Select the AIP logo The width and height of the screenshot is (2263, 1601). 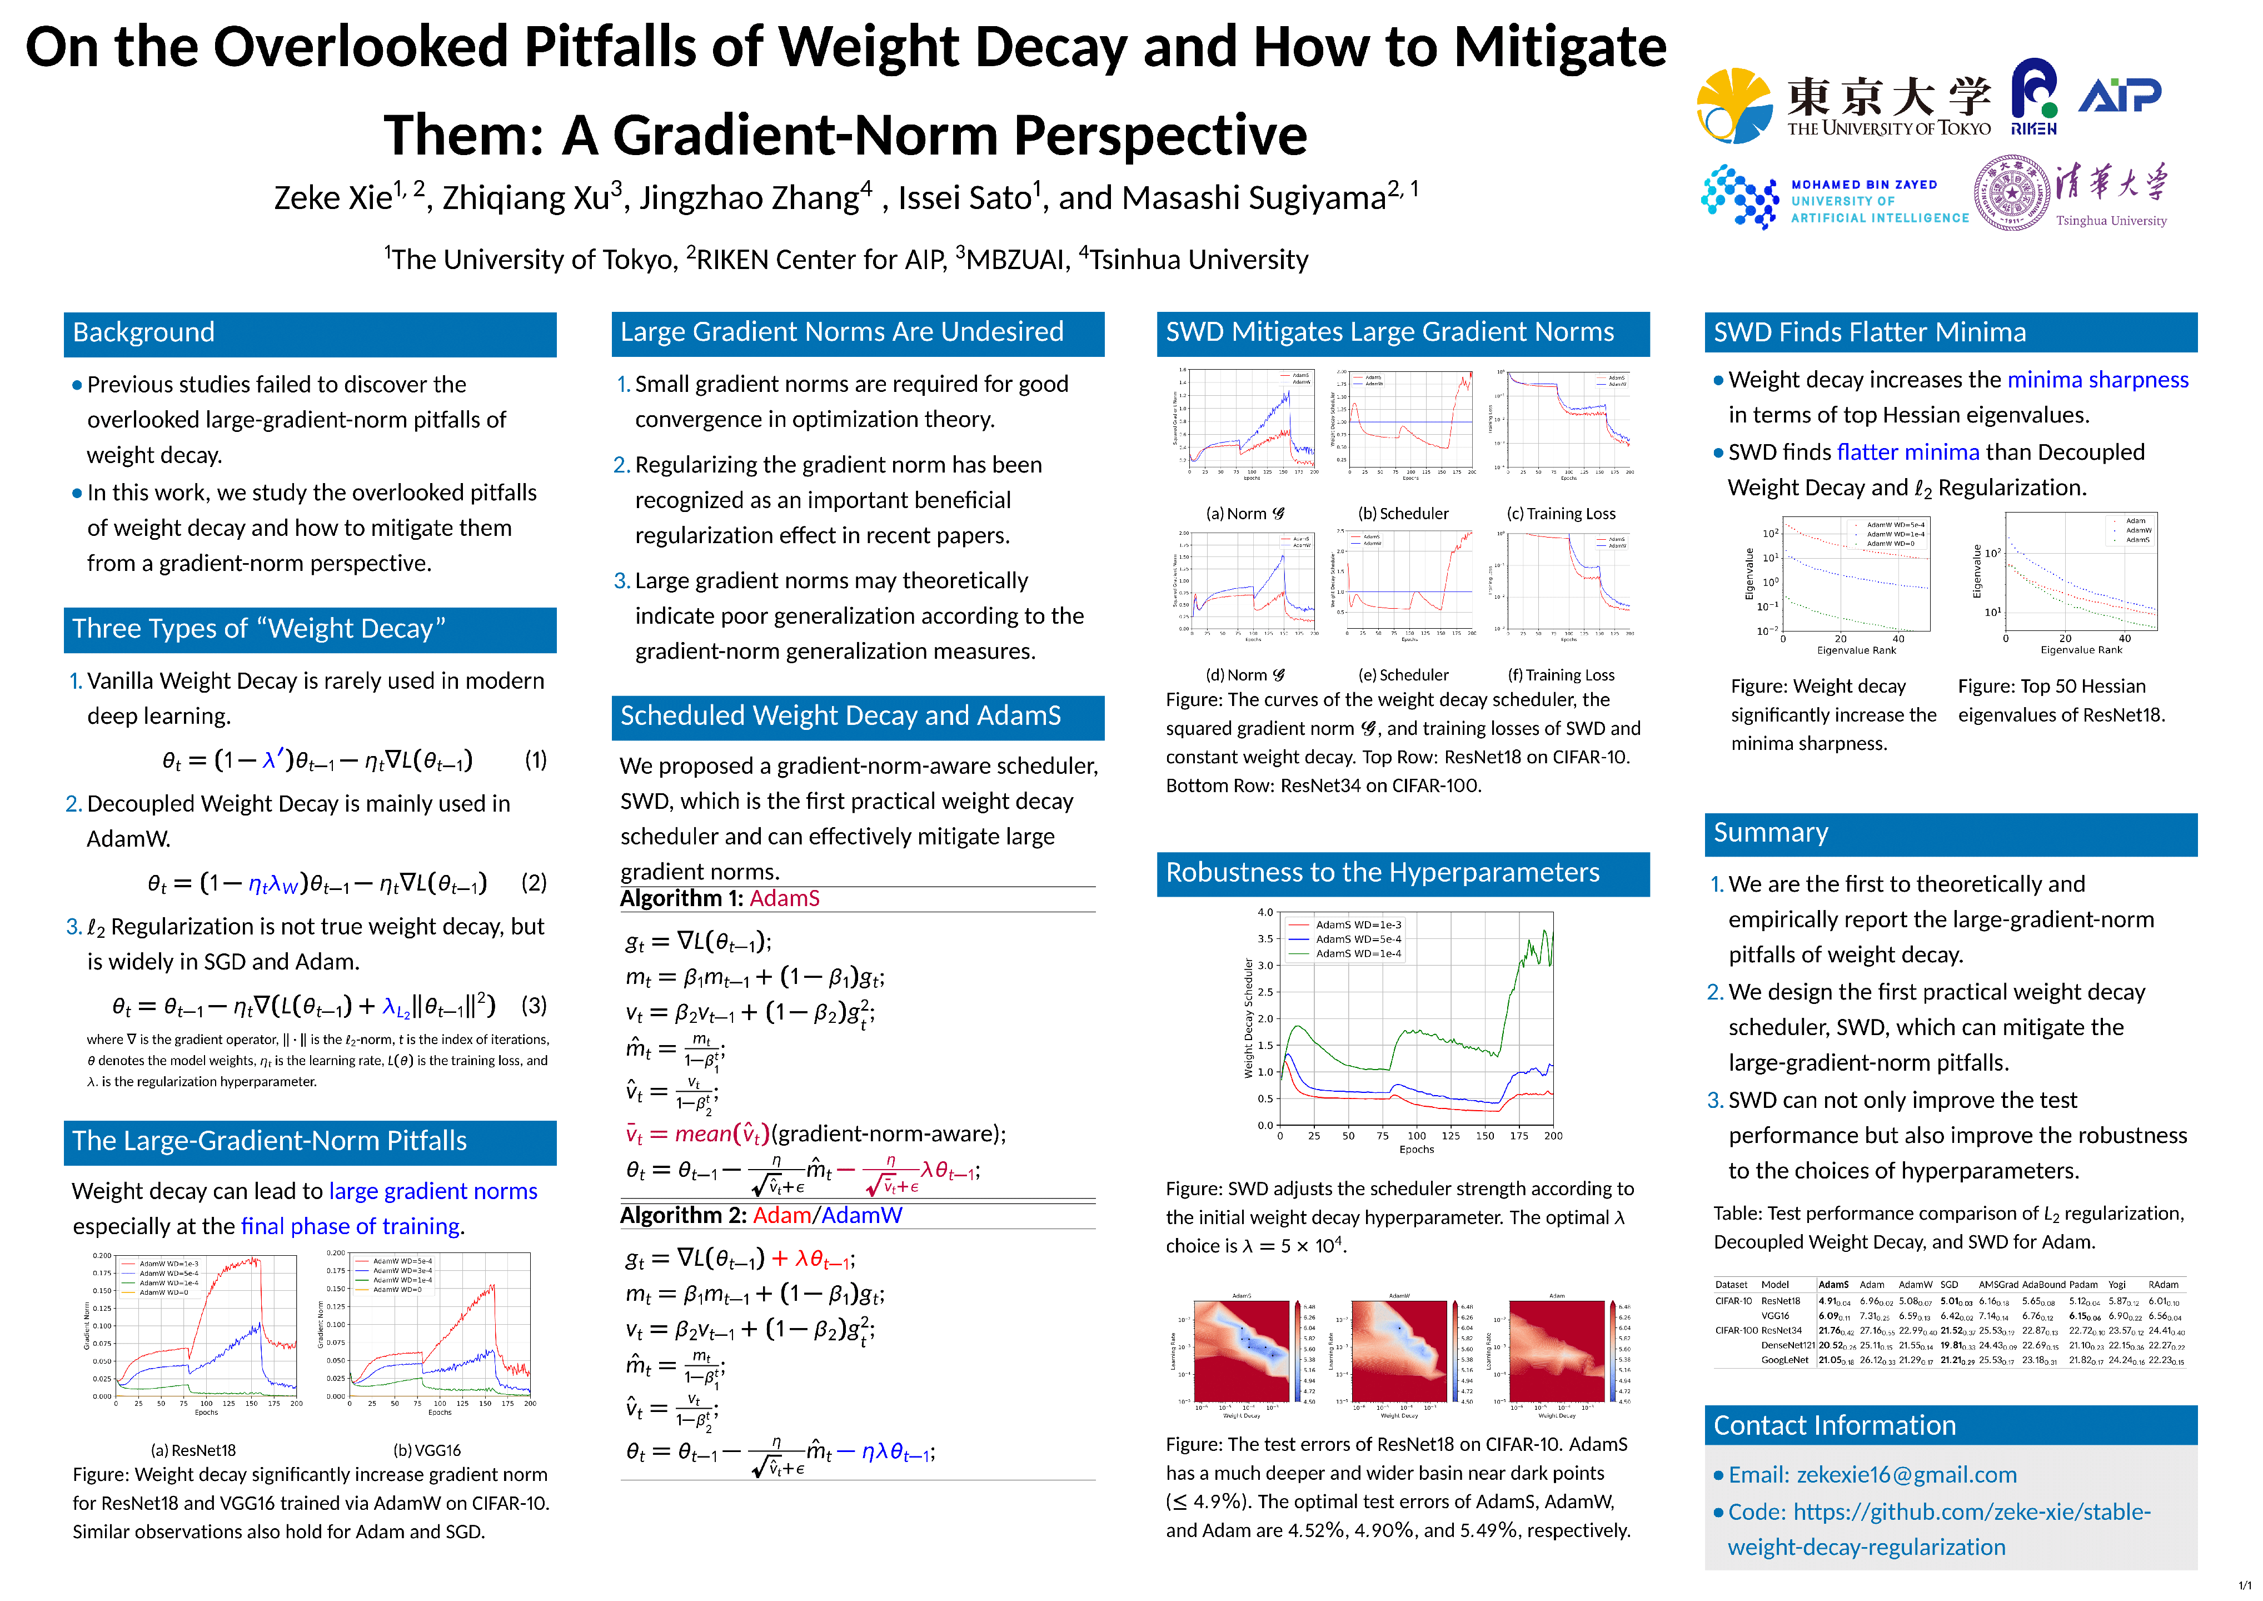click(x=2119, y=96)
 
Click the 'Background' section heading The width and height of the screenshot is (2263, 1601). click(x=144, y=333)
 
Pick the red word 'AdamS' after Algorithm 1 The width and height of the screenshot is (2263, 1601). click(x=785, y=899)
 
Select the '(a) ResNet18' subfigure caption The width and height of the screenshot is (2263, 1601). click(x=193, y=1450)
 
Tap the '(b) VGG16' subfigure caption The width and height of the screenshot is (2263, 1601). click(x=427, y=1450)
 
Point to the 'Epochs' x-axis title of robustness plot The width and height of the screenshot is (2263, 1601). click(x=1417, y=1150)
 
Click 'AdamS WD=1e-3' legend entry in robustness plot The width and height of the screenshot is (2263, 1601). click(x=1358, y=924)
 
